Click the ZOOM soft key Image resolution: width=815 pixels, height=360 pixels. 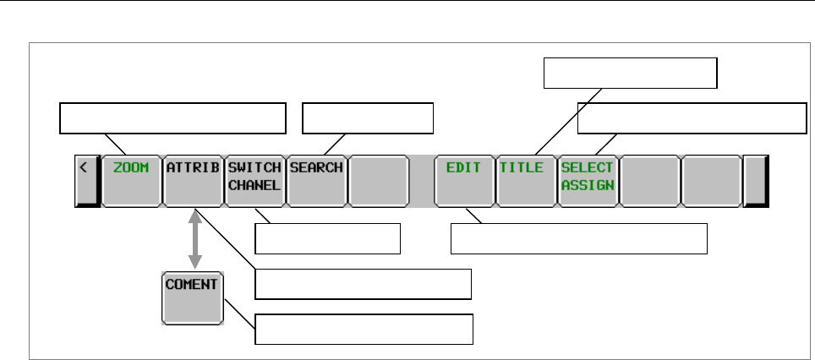click(131, 180)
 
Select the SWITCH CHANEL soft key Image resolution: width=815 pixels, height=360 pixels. click(254, 180)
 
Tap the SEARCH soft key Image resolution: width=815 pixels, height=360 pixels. click(316, 180)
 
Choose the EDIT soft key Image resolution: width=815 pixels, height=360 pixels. click(463, 180)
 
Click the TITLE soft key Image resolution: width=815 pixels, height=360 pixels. click(525, 180)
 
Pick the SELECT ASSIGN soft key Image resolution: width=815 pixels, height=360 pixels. click(588, 180)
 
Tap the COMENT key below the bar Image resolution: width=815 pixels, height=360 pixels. click(192, 297)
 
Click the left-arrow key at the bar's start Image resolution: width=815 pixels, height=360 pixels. click(85, 180)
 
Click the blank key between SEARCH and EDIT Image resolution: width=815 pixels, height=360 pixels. click(378, 180)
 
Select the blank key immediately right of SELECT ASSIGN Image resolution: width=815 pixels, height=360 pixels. click(649, 180)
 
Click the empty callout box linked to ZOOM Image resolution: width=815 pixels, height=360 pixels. click(172, 118)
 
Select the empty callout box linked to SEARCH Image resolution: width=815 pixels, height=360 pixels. click(368, 118)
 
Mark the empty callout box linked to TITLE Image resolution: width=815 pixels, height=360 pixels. click(630, 74)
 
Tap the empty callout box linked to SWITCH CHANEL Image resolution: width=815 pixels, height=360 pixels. click(327, 239)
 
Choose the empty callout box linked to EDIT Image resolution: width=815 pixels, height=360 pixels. click(579, 239)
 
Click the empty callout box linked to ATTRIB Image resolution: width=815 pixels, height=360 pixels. click(363, 285)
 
